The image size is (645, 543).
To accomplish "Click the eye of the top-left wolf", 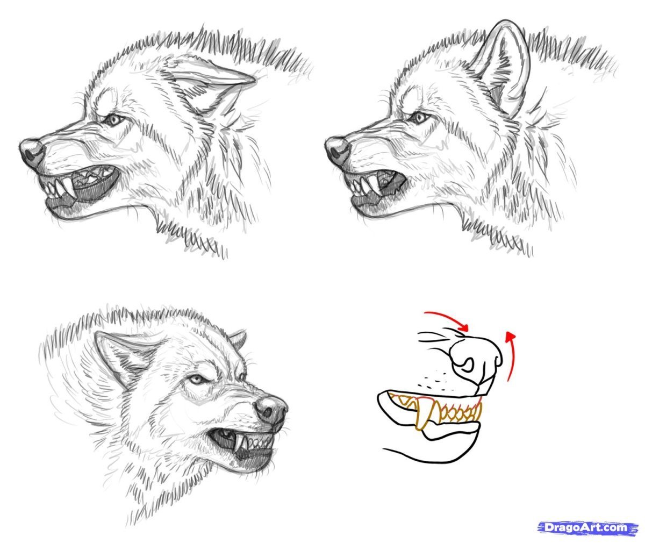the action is [113, 119].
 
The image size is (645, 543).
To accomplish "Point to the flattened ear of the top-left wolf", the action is [207, 83].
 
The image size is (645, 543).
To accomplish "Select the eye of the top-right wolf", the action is [419, 117].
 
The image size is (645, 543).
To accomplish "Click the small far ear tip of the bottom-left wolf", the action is [239, 338].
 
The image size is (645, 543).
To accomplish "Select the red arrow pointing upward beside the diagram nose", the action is [513, 355].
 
